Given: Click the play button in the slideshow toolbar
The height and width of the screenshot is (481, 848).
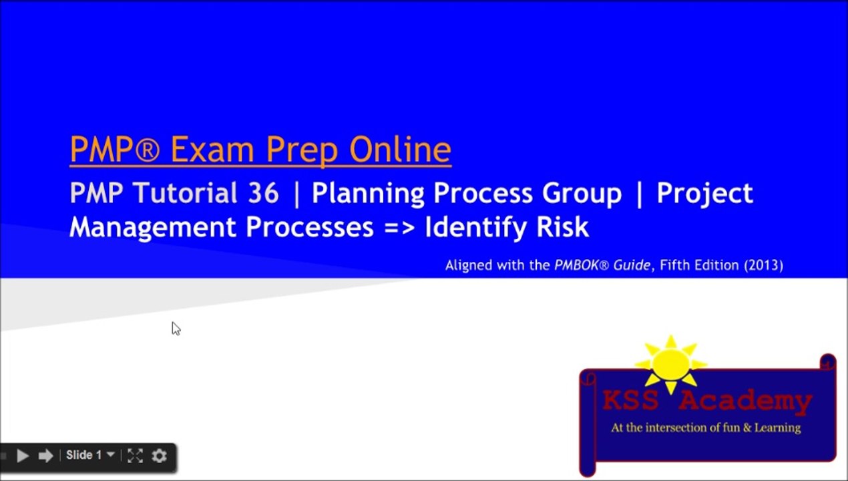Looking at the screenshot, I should pyautogui.click(x=22, y=456).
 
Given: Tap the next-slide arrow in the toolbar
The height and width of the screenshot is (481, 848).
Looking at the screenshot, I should pyautogui.click(x=45, y=456).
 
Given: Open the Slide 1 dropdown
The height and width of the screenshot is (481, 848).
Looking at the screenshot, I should pyautogui.click(x=89, y=455).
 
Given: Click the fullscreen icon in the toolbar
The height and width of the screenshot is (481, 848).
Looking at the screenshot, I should pyautogui.click(x=135, y=456).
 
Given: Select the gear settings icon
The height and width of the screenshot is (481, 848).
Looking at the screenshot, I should pyautogui.click(x=159, y=456).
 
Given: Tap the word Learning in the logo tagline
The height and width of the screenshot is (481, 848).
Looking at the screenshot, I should pyautogui.click(x=777, y=428).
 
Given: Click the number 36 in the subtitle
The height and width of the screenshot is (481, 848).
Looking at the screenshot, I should pyautogui.click(x=262, y=193).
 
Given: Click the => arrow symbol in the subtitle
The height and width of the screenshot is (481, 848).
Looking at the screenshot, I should pyautogui.click(x=399, y=227).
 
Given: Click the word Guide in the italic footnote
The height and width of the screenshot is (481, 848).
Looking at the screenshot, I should pyautogui.click(x=632, y=265).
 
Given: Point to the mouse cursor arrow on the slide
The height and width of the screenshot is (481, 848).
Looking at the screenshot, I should pyautogui.click(x=176, y=328).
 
